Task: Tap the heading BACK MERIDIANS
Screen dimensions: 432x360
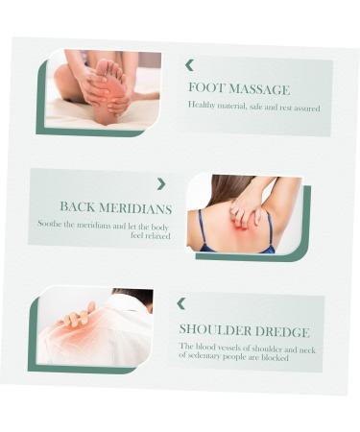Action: click(x=116, y=206)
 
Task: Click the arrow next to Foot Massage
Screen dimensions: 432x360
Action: click(x=189, y=65)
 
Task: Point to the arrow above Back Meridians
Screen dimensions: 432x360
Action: click(x=160, y=183)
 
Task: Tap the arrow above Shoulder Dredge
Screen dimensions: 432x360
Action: click(x=180, y=303)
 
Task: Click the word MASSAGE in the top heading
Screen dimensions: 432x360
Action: click(x=254, y=87)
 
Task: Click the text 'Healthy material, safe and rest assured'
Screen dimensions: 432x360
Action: click(x=253, y=106)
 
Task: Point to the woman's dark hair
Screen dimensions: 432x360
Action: click(x=213, y=197)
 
